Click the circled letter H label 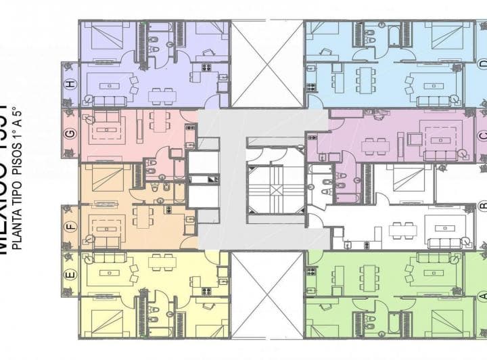(x=70, y=84)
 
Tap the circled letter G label (x=70, y=133)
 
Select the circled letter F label (x=70, y=226)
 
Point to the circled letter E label (x=70, y=274)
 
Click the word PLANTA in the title (x=20, y=227)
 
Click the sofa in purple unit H (x=109, y=100)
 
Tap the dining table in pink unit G (x=160, y=121)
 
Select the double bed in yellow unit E (x=106, y=323)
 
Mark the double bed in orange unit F (x=108, y=177)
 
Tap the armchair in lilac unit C (x=414, y=139)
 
